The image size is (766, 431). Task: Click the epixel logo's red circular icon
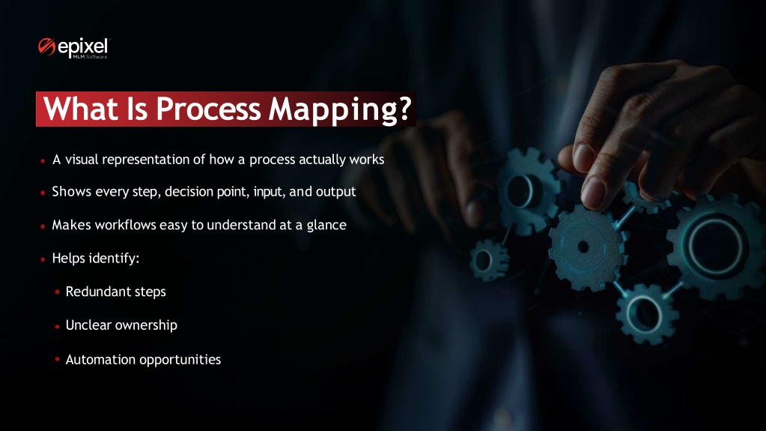click(x=46, y=47)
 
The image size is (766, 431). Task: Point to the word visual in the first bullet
click(x=82, y=160)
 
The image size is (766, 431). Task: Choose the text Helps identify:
click(x=96, y=259)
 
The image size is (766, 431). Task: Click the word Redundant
click(x=93, y=292)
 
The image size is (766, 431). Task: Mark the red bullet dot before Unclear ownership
click(x=57, y=326)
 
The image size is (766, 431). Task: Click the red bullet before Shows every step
click(x=43, y=193)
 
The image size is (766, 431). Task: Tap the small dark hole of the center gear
click(x=583, y=247)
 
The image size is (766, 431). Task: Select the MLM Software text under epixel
click(x=90, y=57)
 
